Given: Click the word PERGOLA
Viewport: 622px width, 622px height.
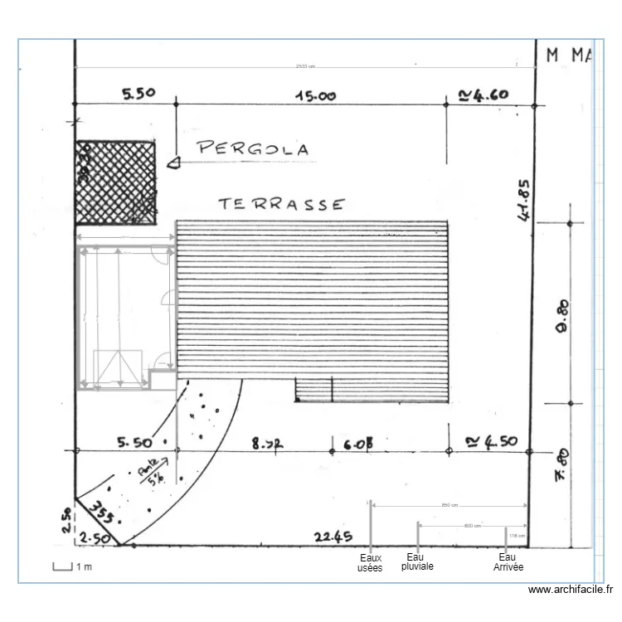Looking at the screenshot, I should point(253,149).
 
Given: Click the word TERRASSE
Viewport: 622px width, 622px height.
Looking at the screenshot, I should point(280,204).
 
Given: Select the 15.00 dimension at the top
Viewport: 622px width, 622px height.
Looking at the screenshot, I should point(316,95).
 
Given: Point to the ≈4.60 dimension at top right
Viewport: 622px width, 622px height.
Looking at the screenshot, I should point(483,95).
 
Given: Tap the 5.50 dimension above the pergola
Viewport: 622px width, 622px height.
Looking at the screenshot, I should point(138,94).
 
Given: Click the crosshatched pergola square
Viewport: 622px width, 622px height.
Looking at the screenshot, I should point(116,182).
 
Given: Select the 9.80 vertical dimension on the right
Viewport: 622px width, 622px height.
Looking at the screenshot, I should point(561,316).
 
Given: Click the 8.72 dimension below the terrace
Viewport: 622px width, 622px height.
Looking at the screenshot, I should point(267,445).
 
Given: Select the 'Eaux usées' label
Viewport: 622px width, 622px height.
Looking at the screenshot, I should point(370,563).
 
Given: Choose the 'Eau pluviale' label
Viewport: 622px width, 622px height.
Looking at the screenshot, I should point(417,562).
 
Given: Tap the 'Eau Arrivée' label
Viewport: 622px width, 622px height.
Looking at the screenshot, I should point(508,563).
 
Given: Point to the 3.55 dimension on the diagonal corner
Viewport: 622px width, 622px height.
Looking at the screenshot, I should point(101,512).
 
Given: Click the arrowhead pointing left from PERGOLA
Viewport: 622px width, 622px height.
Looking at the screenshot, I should point(173,163).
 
